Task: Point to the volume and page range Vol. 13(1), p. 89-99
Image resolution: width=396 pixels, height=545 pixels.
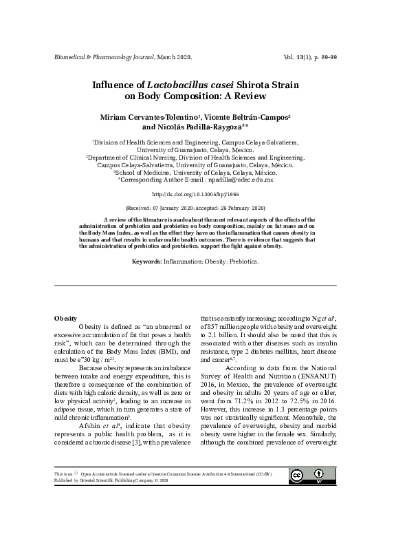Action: tap(309, 56)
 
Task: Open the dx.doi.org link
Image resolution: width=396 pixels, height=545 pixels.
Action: tap(198, 195)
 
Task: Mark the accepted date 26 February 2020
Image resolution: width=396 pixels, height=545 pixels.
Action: tap(243, 207)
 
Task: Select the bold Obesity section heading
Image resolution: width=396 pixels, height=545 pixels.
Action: tap(65, 318)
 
